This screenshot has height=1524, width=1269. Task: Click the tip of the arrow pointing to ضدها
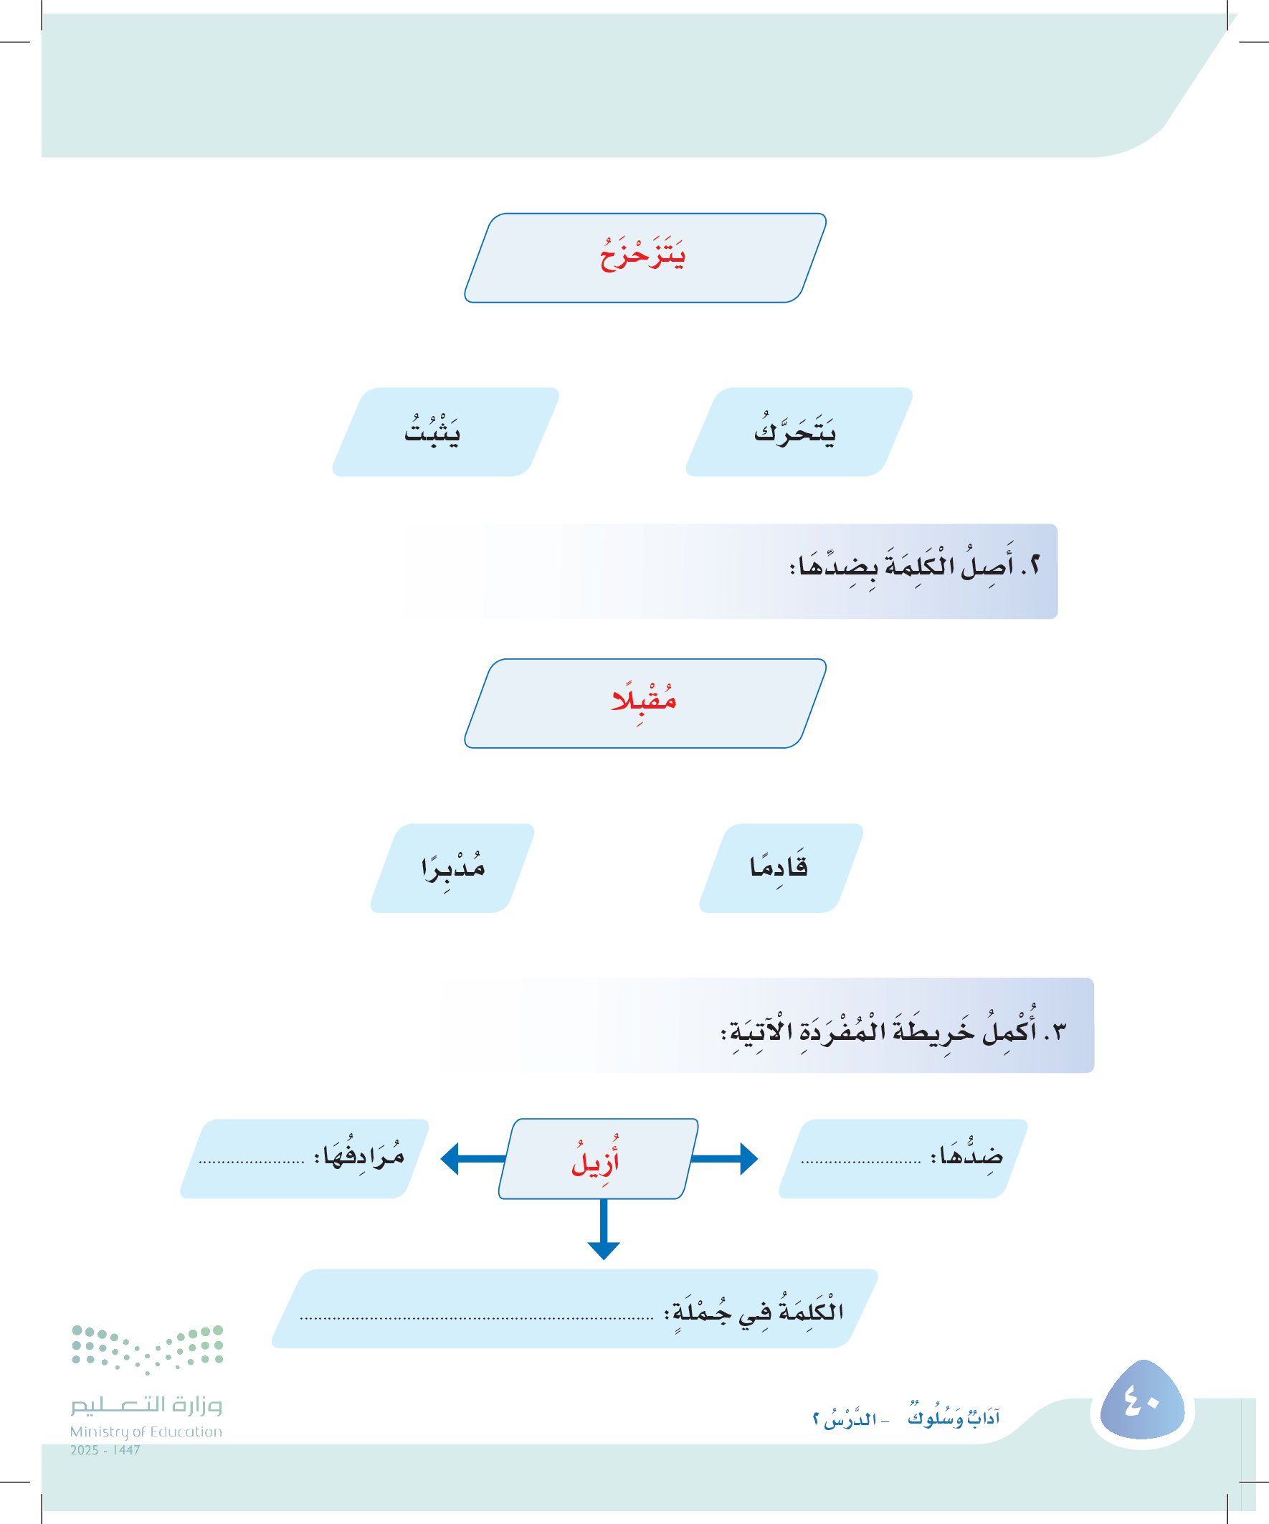759,1158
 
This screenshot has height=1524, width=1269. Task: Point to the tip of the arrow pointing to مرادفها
440,1158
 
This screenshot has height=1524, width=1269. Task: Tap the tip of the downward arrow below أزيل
604,1260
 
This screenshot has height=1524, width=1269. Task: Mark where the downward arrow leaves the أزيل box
604,1199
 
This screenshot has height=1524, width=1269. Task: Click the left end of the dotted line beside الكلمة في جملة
300,1318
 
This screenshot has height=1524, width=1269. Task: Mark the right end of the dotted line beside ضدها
921,1162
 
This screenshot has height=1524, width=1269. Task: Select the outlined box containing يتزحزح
645,257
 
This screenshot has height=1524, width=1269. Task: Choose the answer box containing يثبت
445,432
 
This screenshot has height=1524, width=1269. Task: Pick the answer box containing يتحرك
799,432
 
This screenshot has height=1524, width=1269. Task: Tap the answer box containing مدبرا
452,868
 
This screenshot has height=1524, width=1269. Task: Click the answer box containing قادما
781,868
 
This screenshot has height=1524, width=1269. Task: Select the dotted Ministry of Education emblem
147,1350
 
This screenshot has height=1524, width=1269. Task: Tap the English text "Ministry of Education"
146,1431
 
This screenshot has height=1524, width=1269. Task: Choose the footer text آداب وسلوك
954,1416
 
